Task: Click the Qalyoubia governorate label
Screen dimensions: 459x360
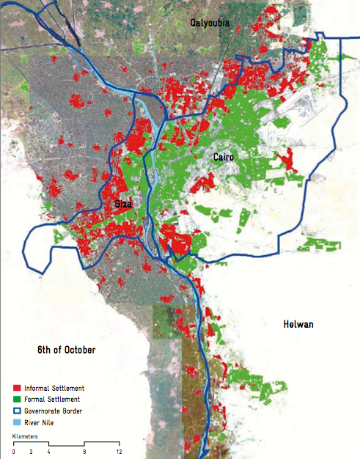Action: pyautogui.click(x=210, y=23)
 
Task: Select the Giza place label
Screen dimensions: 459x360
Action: pyautogui.click(x=123, y=205)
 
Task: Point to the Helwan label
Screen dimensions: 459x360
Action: pyautogui.click(x=298, y=324)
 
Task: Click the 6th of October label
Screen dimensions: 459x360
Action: pyautogui.click(x=67, y=350)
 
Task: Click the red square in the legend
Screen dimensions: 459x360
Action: pyautogui.click(x=17, y=388)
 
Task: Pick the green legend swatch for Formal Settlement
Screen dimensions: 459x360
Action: pyautogui.click(x=17, y=400)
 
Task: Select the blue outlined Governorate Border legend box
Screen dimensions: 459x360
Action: pyautogui.click(x=17, y=411)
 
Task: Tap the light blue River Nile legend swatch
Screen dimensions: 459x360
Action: pyautogui.click(x=17, y=423)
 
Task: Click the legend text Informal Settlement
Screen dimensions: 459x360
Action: pyautogui.click(x=54, y=388)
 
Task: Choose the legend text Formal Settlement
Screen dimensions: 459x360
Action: pyautogui.click(x=51, y=400)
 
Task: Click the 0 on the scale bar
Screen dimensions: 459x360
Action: pyautogui.click(x=14, y=452)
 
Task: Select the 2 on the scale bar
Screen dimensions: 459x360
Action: pyautogui.click(x=32, y=452)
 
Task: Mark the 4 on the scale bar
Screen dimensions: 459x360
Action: pyautogui.click(x=49, y=452)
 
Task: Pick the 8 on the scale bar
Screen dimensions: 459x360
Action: pyautogui.click(x=84, y=452)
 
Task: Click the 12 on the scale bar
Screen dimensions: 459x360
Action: pyautogui.click(x=119, y=452)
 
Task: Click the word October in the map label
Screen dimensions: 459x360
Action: pyautogui.click(x=79, y=350)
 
